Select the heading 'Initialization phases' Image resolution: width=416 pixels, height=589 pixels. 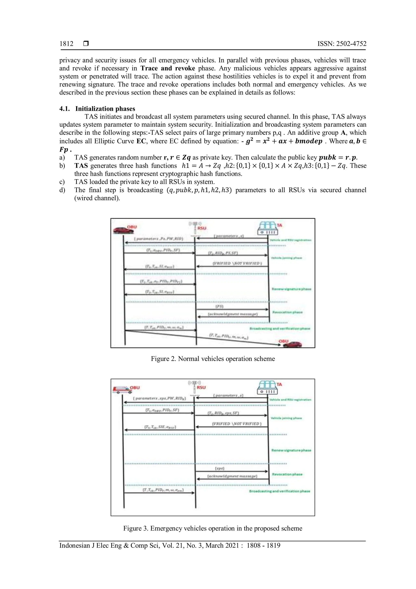(x=105, y=109)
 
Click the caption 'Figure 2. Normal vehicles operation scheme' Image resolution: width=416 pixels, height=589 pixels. (x=213, y=359)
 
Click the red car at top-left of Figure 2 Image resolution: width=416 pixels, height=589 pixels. (x=123, y=230)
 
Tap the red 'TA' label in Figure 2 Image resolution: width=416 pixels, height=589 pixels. (x=279, y=225)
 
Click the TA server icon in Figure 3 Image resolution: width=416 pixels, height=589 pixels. (x=267, y=387)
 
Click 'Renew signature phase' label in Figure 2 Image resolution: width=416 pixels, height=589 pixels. (x=291, y=289)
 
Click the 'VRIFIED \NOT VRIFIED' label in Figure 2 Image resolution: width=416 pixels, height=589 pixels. (x=237, y=263)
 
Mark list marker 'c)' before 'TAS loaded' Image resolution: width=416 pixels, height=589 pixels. (x=62, y=182)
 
